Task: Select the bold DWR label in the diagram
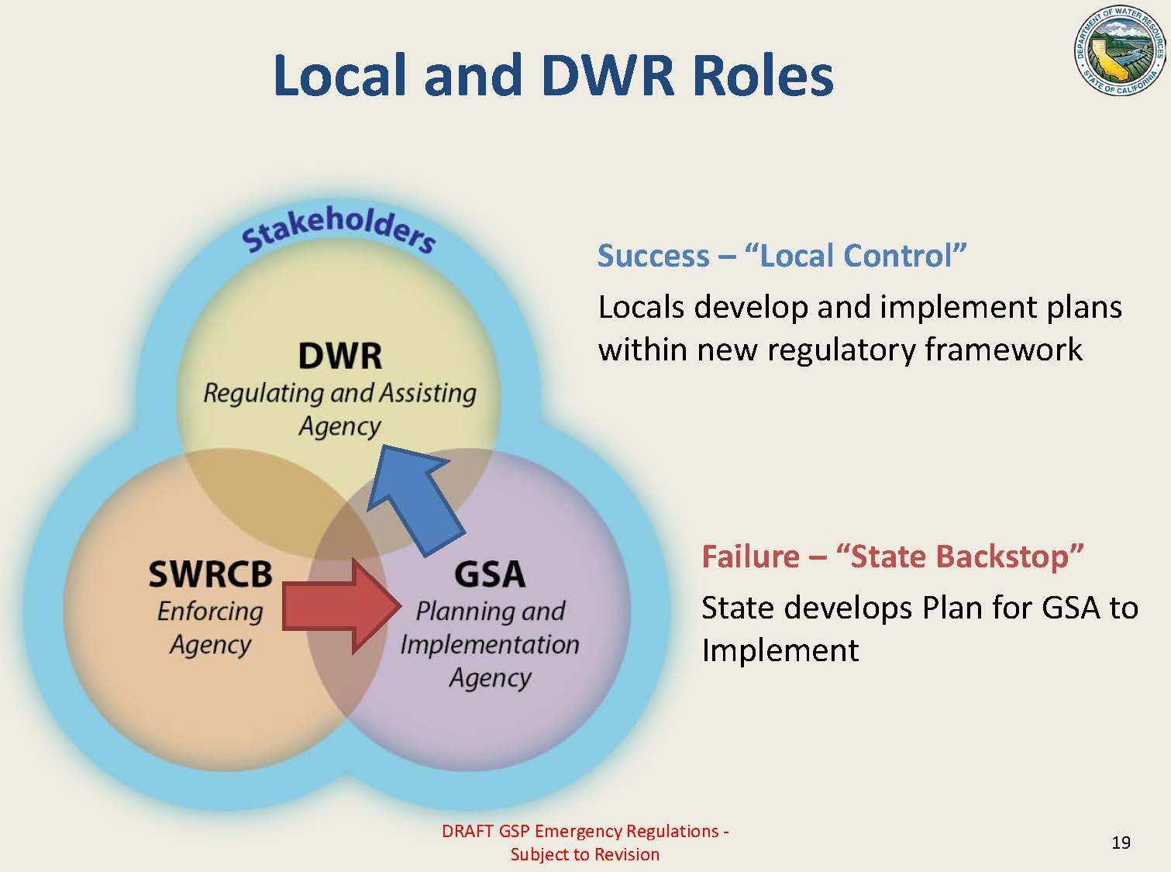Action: click(x=340, y=357)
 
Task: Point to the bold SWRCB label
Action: click(x=210, y=574)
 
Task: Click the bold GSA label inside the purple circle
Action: click(x=489, y=574)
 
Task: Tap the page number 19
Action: click(x=1121, y=843)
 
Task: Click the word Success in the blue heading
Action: click(x=653, y=256)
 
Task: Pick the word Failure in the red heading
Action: click(x=750, y=557)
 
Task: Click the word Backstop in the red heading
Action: click(x=1007, y=557)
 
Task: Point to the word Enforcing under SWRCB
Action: click(x=210, y=611)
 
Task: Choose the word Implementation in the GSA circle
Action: click(x=489, y=644)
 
